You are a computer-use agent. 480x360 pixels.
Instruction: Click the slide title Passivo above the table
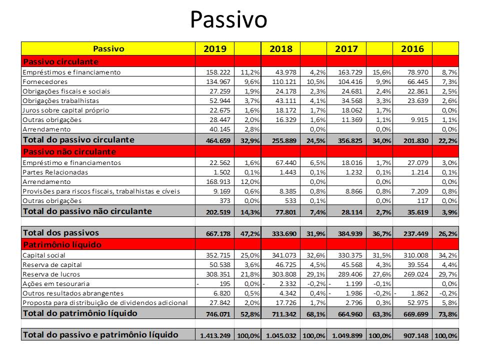point(228,20)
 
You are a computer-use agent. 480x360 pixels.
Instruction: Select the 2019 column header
point(215,49)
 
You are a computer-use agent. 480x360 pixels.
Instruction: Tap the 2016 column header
point(412,49)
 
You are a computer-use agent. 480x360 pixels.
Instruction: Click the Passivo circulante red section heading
point(60,62)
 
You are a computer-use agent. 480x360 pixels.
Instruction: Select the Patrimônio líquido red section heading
point(62,245)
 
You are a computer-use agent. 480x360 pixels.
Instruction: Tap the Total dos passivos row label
point(61,232)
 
